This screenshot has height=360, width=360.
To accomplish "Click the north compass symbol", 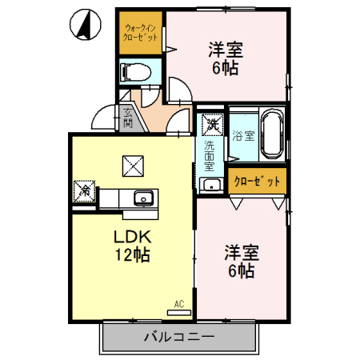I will pyautogui.click(x=84, y=24).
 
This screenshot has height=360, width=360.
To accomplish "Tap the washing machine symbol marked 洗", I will pyautogui.click(x=212, y=124).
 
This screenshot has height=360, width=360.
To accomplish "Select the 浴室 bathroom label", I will pyautogui.click(x=243, y=135).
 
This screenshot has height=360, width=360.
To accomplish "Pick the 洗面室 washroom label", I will pyautogui.click(x=209, y=156).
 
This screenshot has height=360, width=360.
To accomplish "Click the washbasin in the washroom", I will pyautogui.click(x=212, y=186).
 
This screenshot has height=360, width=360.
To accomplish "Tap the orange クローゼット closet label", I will pyautogui.click(x=257, y=182).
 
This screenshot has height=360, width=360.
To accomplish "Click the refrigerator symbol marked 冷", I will pyautogui.click(x=83, y=190).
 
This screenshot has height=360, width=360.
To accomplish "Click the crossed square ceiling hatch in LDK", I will pyautogui.click(x=133, y=166).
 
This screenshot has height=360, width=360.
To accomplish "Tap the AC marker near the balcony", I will pyautogui.click(x=178, y=304).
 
